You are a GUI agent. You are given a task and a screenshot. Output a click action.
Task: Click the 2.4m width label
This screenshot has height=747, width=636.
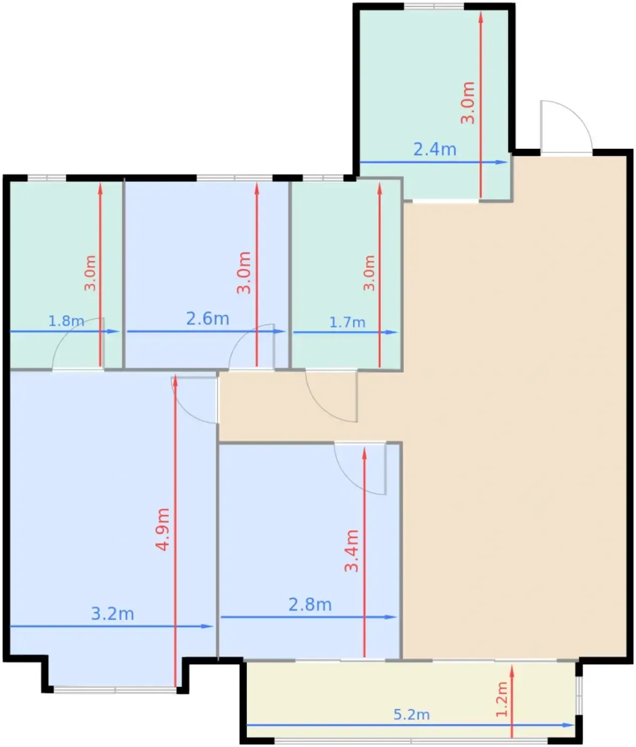click(435, 149)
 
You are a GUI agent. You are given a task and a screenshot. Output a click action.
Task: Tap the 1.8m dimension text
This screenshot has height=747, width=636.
click(66, 321)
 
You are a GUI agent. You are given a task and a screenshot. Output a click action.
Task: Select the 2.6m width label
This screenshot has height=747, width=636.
click(208, 319)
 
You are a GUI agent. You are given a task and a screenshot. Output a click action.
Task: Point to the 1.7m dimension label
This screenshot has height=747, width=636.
click(347, 322)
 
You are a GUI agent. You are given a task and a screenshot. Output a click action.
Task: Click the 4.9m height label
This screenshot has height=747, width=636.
click(162, 529)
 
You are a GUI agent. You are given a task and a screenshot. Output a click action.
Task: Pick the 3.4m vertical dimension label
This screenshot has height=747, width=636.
click(351, 551)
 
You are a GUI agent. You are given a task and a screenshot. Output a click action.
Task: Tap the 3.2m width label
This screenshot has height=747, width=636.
click(113, 614)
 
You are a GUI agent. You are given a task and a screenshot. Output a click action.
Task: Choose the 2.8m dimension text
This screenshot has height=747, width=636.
click(310, 605)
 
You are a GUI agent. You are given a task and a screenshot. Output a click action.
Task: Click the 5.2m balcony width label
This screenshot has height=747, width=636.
click(412, 714)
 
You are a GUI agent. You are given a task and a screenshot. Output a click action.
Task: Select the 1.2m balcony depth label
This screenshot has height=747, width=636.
click(502, 699)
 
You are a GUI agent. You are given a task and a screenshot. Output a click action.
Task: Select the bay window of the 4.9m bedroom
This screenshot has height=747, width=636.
click(115, 690)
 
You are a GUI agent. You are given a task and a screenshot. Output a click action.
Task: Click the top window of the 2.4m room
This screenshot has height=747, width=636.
click(434, 6)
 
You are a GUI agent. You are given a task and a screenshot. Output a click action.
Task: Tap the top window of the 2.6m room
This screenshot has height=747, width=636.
click(234, 178)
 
